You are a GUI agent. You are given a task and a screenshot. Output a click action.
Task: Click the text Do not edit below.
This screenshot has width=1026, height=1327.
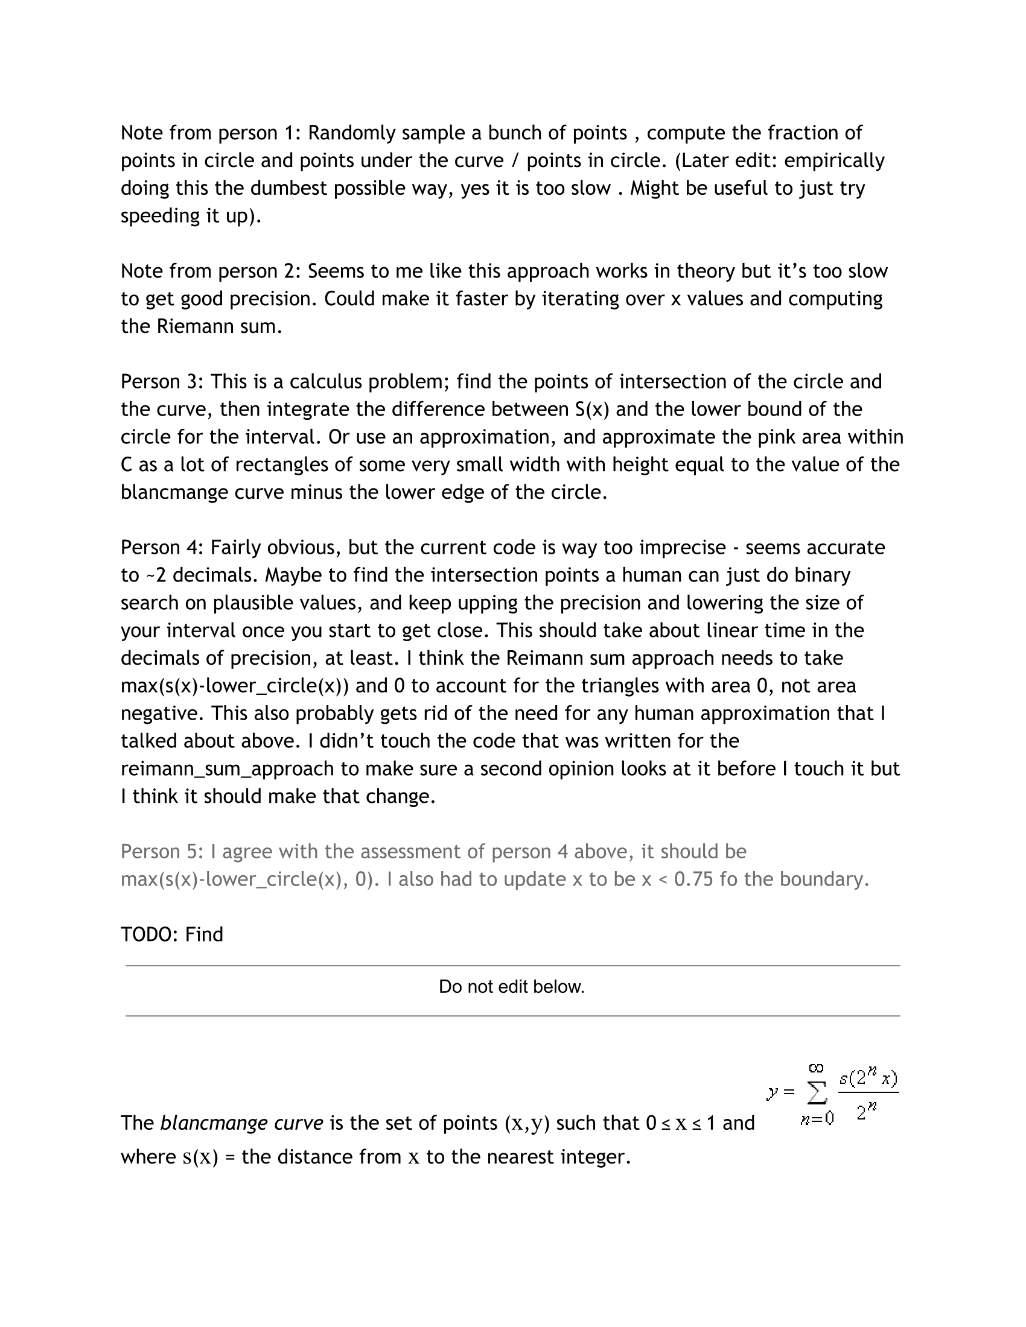[x=512, y=987]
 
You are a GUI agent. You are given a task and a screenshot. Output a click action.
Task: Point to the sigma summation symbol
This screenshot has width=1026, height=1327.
[x=817, y=1094]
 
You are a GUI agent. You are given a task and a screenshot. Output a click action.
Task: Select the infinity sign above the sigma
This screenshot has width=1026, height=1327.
[x=817, y=1068]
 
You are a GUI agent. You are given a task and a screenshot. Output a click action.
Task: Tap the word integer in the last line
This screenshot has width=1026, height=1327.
[x=593, y=1157]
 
